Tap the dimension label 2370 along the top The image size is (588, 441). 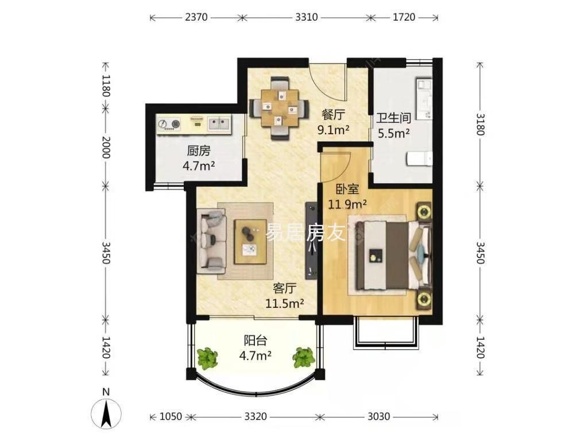point(196,17)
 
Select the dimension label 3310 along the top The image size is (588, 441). point(307,17)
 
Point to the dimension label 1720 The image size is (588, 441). point(404,17)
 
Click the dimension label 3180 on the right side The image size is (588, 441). point(481,124)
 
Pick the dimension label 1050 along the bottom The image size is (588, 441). point(171,416)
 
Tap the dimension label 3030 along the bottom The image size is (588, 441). point(378,416)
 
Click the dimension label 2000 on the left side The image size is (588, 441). point(106,147)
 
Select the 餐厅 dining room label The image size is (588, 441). point(333,115)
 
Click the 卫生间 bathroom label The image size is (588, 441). point(394,118)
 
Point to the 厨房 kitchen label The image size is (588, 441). point(199,151)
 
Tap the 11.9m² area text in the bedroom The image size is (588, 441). point(347,204)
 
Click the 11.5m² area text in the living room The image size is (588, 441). point(285,303)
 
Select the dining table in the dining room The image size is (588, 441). point(280,108)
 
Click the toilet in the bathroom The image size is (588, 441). point(419,158)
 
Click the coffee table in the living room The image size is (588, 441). point(250,242)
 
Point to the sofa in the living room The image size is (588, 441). point(211,241)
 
